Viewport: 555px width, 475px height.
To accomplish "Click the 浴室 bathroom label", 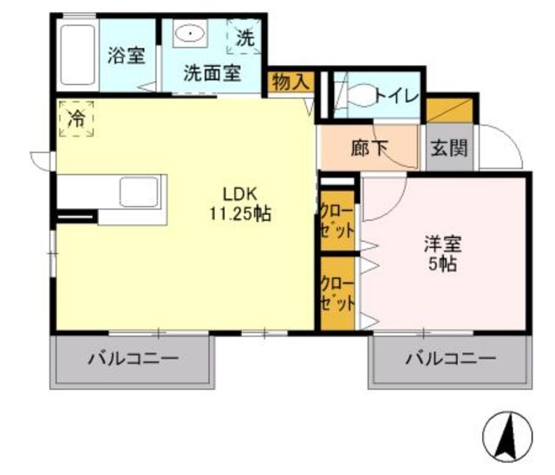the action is point(127,55).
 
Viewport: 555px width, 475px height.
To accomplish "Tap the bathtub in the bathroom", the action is point(78,55).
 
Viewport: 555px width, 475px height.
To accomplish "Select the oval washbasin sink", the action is point(190,34).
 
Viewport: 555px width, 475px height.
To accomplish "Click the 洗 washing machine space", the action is point(245,37).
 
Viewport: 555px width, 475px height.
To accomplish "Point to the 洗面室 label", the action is point(212,74).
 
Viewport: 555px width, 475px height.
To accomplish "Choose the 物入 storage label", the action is point(291,82).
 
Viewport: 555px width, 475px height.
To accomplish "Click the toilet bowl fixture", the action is point(361,95).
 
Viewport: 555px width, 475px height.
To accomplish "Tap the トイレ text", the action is point(397,96).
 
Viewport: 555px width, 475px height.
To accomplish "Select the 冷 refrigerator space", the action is point(76,119).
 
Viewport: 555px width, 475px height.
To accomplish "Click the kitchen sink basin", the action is point(139,192).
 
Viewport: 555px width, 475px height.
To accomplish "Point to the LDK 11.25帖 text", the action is point(240,204).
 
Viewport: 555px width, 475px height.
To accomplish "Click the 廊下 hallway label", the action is point(369,148).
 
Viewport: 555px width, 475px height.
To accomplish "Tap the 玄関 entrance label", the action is point(449,148).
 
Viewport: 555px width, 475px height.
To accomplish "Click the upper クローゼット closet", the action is point(337,221).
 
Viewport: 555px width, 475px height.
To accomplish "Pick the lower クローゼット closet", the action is point(337,293).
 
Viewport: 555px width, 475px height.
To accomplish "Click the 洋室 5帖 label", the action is point(443,253).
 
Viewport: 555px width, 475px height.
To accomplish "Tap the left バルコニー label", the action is point(133,359).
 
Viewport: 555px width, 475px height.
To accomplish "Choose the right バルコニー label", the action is point(451,359).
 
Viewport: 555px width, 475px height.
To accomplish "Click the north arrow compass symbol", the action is point(507,436).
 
